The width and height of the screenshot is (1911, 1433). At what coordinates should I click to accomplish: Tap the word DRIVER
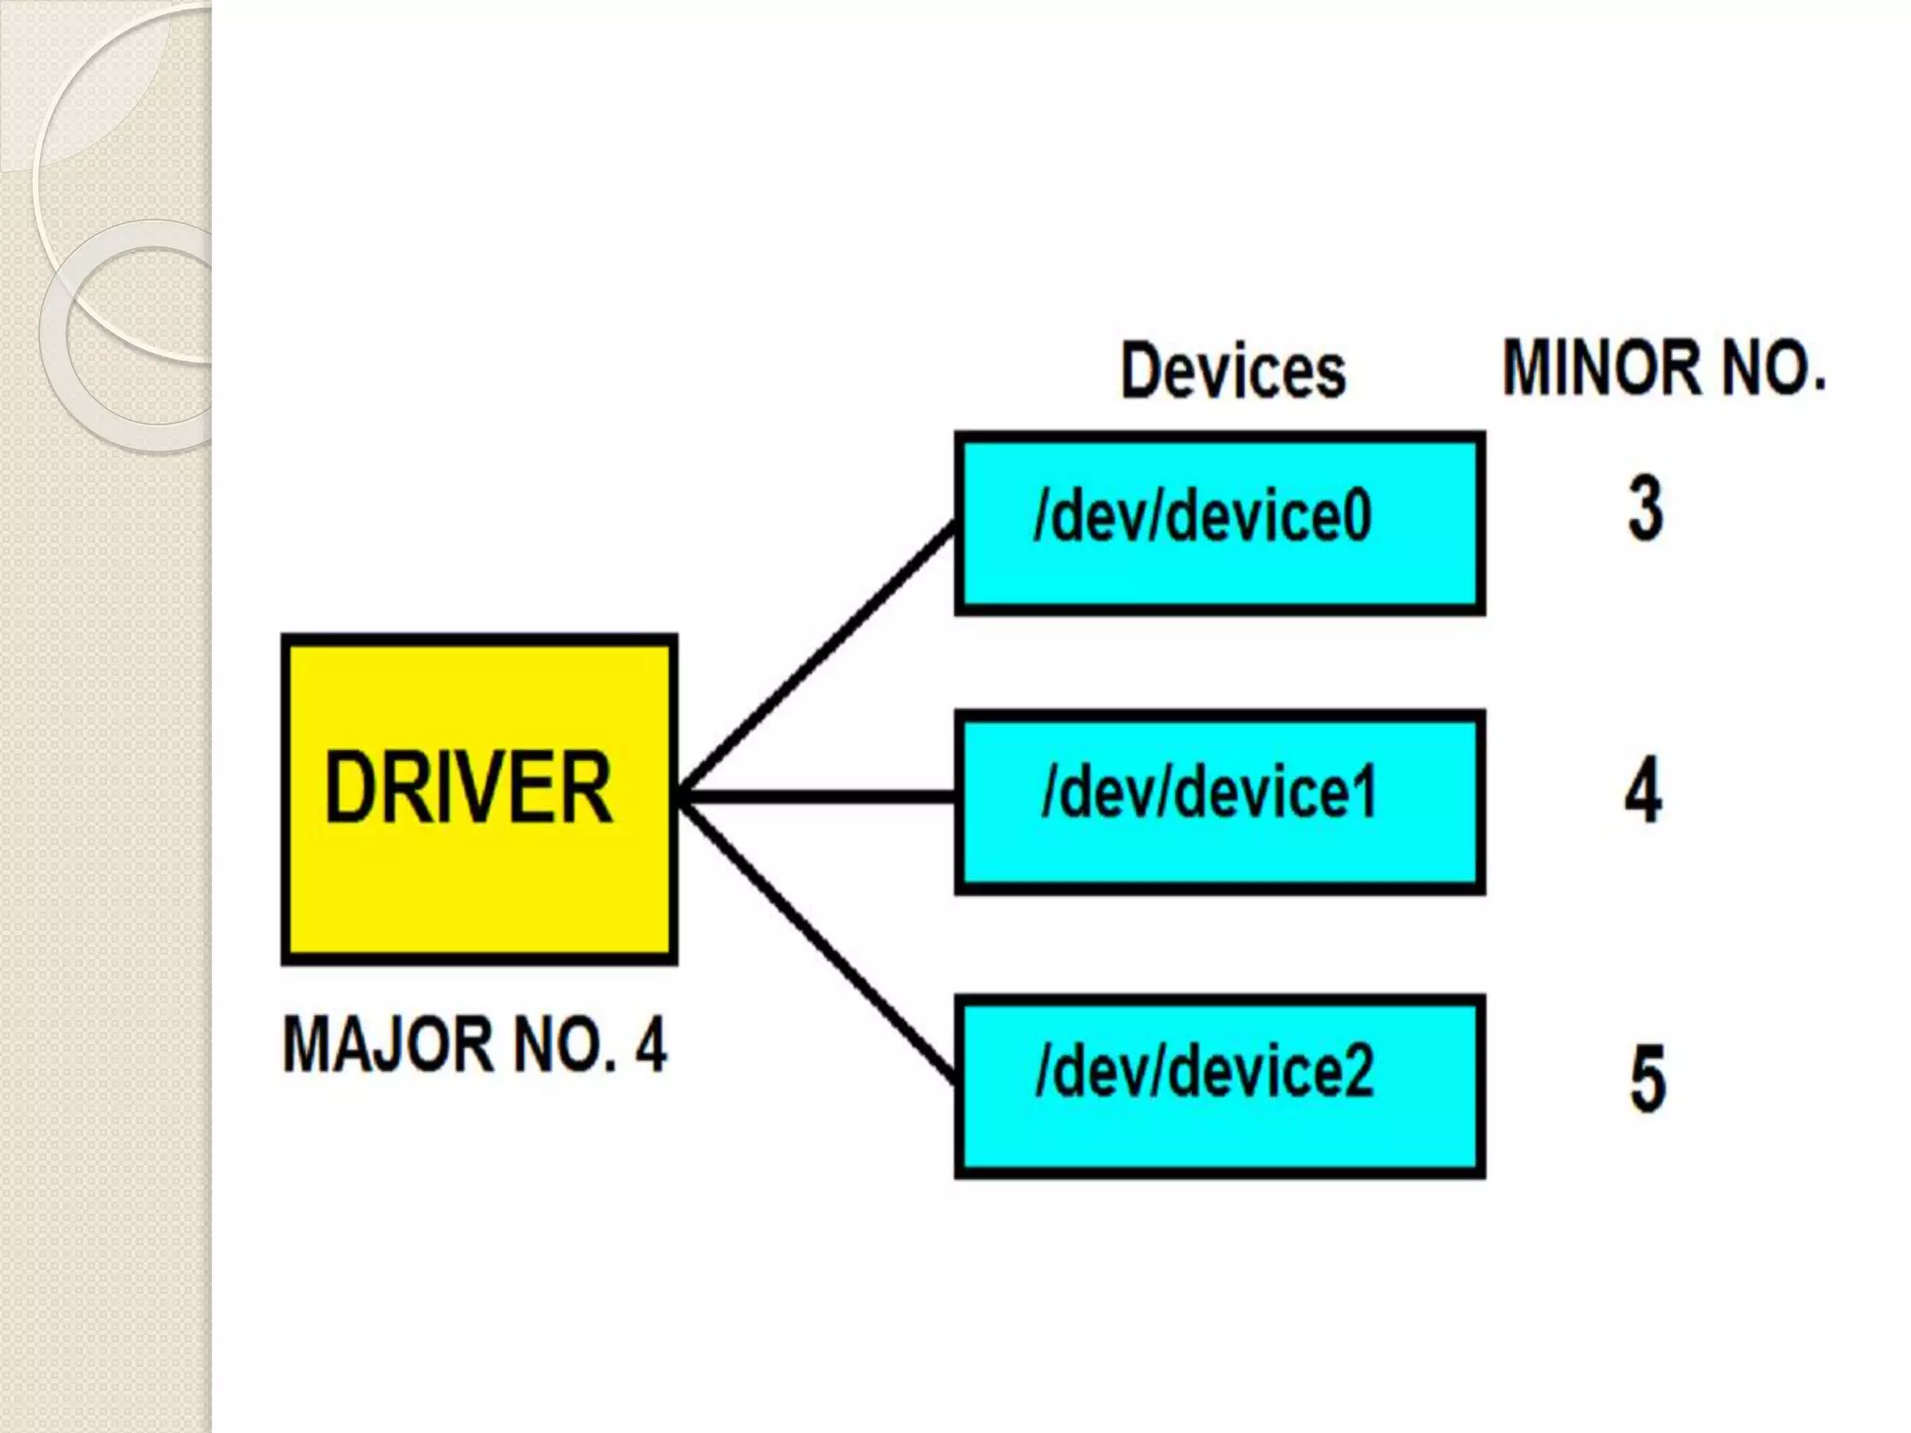(x=468, y=789)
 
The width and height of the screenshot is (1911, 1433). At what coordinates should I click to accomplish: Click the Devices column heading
(x=1233, y=371)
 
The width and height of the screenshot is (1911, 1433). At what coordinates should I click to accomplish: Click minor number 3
(x=1646, y=509)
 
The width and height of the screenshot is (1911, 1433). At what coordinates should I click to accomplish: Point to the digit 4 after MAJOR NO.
(x=651, y=1045)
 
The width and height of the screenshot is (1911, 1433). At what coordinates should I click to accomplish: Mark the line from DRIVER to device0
(x=816, y=661)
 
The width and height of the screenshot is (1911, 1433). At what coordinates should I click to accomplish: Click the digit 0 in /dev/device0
(x=1357, y=518)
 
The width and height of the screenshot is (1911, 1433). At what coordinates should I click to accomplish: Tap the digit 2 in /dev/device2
(x=1358, y=1071)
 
